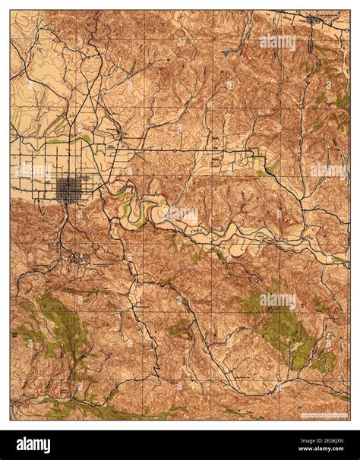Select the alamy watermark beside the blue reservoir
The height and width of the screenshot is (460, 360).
click(x=278, y=42)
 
